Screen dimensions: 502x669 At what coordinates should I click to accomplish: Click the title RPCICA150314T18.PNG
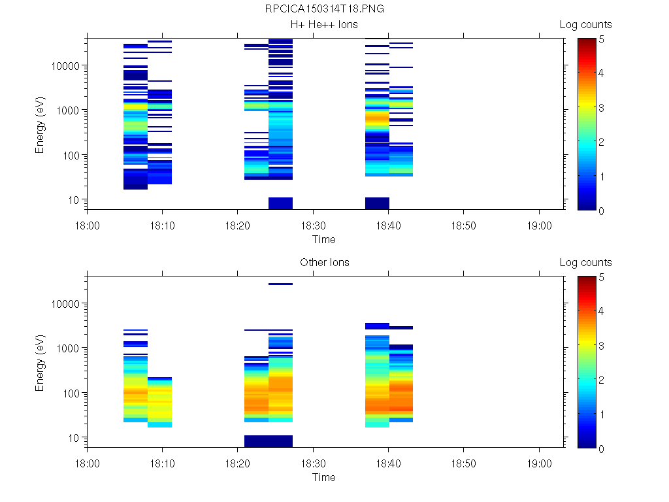click(325, 9)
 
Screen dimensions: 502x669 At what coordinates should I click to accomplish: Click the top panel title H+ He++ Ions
click(325, 25)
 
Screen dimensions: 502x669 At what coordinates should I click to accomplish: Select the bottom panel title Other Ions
click(325, 263)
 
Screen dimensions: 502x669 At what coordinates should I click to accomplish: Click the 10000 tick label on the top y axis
click(66, 66)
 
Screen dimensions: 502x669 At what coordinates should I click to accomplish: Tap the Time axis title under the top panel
click(323, 239)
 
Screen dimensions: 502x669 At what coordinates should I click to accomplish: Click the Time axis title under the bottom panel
click(323, 477)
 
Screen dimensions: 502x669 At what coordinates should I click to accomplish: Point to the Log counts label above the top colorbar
click(586, 25)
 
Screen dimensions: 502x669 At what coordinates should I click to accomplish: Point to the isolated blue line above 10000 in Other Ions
click(280, 284)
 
